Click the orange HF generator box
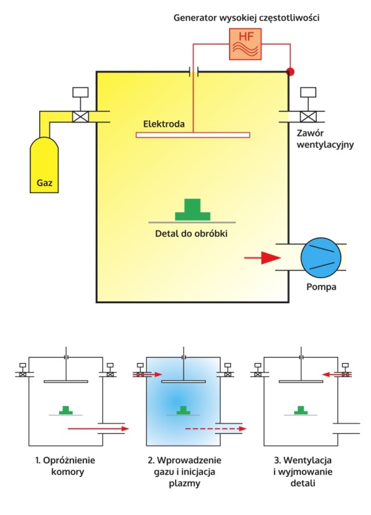245,44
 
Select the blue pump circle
321,257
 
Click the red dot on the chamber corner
290,72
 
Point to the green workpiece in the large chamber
192,209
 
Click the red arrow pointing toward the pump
262,258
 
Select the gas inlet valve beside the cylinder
80,116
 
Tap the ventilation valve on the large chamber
308,116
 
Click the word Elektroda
164,124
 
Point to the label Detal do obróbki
191,234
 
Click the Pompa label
321,286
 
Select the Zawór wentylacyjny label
325,139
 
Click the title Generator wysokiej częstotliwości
247,17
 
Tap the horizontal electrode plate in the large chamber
193,135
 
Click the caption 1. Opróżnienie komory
65,466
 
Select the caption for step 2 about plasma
184,471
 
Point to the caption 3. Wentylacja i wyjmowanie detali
303,471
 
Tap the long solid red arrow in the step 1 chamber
98,428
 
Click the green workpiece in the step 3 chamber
301,410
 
